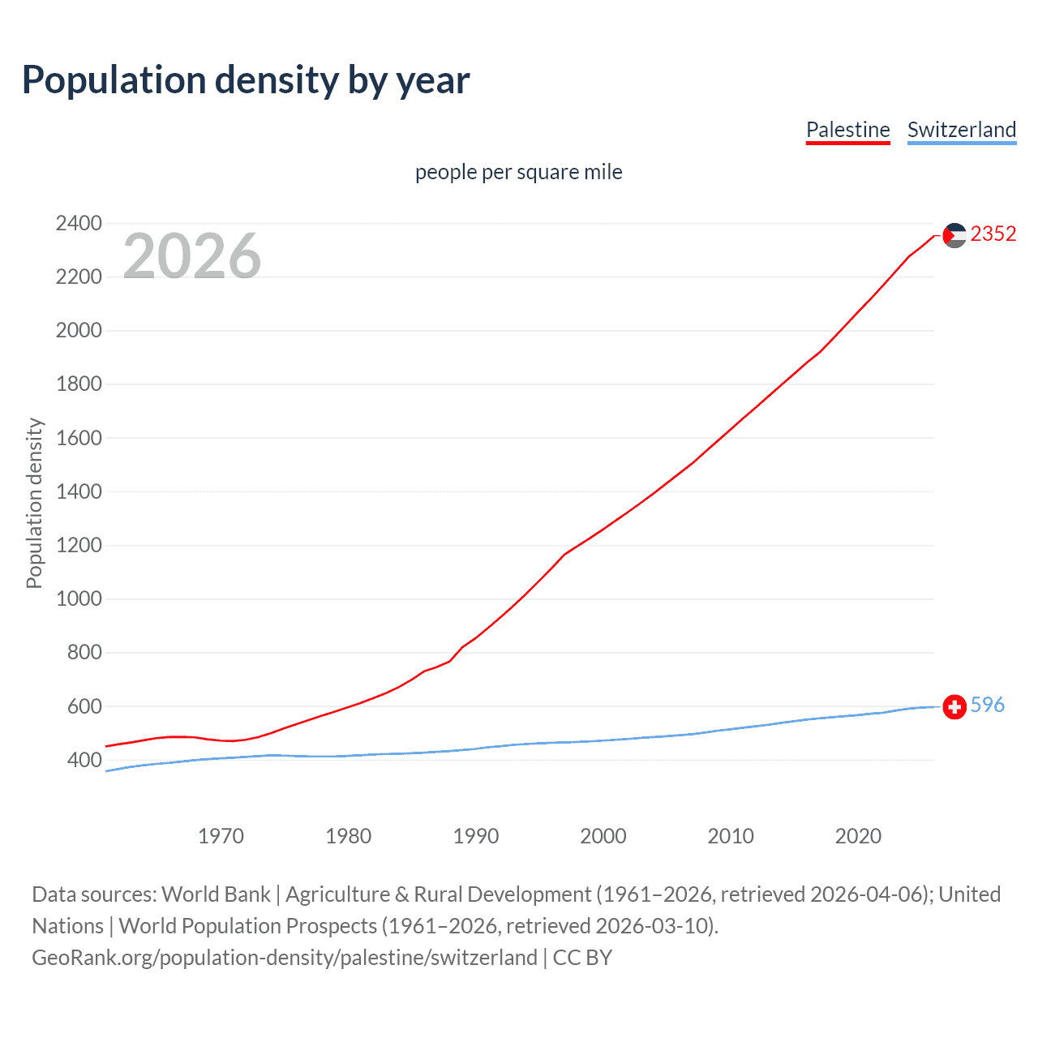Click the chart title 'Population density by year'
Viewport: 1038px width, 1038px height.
tap(246, 80)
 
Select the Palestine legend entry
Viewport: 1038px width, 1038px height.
tap(847, 130)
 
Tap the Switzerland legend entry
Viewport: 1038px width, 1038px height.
tap(961, 130)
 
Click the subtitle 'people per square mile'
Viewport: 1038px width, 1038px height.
tap(518, 172)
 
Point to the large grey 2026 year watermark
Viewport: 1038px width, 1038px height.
tap(192, 256)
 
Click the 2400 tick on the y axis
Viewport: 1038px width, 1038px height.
tap(79, 223)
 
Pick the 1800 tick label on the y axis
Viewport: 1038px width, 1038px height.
tap(79, 384)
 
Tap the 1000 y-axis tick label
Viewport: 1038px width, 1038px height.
tap(79, 598)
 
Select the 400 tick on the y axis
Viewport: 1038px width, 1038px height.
tap(84, 760)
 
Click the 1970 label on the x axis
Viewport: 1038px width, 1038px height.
tap(221, 836)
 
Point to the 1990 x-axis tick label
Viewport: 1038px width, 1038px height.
tap(476, 836)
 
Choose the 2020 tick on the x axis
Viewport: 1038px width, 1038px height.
tap(858, 836)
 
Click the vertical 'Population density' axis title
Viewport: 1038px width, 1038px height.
tap(34, 503)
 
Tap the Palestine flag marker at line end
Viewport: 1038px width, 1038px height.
tap(954, 235)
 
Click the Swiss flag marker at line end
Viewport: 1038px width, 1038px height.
tap(954, 707)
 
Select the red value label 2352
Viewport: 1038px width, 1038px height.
tap(993, 234)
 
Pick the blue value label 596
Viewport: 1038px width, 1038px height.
tap(987, 705)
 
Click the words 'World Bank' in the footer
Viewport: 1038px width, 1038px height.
tap(216, 894)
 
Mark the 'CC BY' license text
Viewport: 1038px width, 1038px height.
tap(582, 958)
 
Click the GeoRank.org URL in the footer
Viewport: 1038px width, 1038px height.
tap(284, 958)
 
